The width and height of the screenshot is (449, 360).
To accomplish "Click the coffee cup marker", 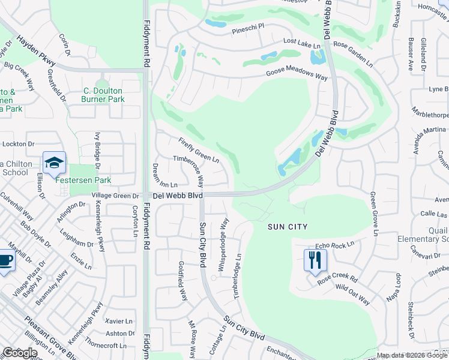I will pos(5,261).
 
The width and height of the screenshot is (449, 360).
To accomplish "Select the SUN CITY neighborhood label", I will pos(288,227).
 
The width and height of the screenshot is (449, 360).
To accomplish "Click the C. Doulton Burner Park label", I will pos(103,95).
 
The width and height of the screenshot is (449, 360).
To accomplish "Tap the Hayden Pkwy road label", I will pos(36,52).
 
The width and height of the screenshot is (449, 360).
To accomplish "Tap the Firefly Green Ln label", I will pos(199,150).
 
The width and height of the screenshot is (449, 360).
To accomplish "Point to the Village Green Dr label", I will pos(115,196).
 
